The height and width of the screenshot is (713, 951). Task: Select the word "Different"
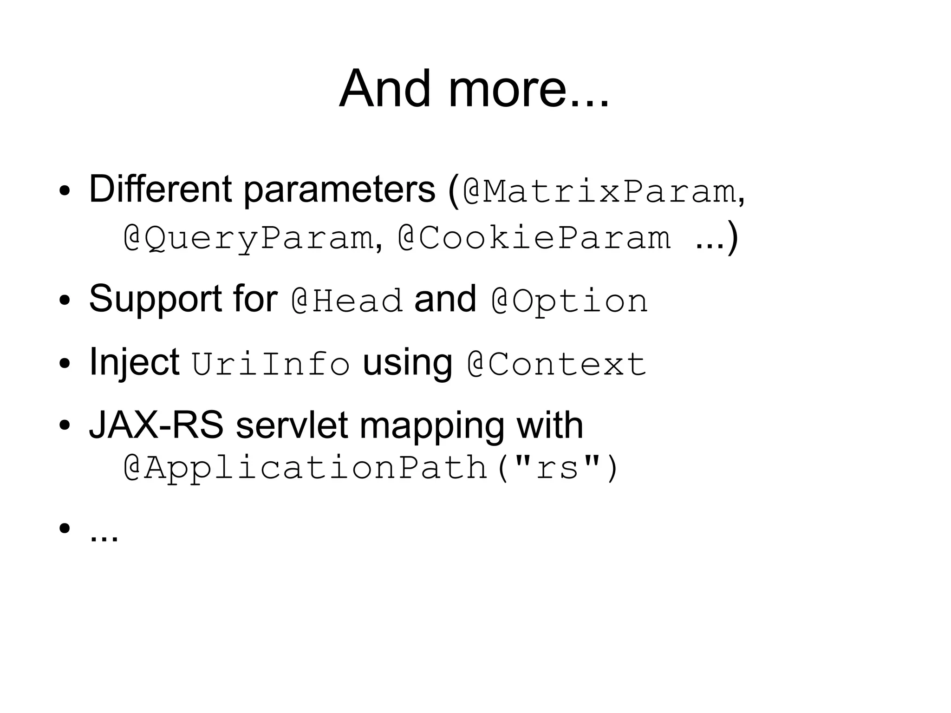point(160,189)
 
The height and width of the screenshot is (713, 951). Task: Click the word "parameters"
point(339,190)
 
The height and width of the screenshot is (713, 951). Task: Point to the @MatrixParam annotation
point(599,191)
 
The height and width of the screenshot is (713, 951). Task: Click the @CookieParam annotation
point(534,238)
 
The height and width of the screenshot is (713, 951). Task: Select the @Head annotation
point(347,301)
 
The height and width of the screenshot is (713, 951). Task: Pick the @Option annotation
point(569,301)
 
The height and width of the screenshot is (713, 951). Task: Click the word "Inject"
point(134,363)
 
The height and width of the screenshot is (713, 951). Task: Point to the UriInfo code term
point(271,364)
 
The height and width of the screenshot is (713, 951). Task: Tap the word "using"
point(407,363)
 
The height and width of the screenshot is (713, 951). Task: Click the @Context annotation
point(556,364)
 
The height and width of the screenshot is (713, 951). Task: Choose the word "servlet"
point(292,425)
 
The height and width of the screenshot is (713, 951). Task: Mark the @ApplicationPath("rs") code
point(371,468)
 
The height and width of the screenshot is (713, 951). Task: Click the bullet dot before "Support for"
point(64,300)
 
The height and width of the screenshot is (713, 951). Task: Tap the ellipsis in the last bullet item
point(104,539)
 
